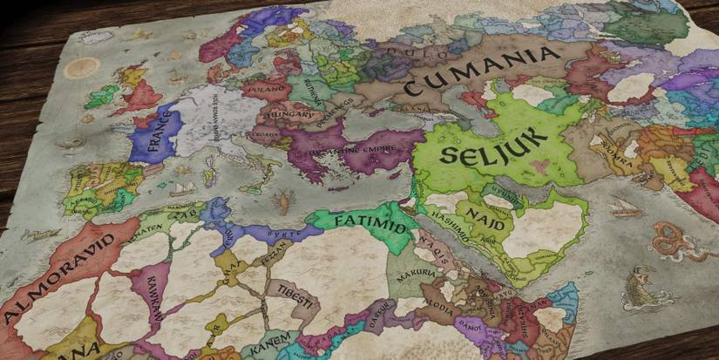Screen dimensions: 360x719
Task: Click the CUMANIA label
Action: point(482,72)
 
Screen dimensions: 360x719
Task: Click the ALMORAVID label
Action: point(58,275)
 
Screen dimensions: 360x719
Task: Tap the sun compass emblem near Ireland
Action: point(83,67)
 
